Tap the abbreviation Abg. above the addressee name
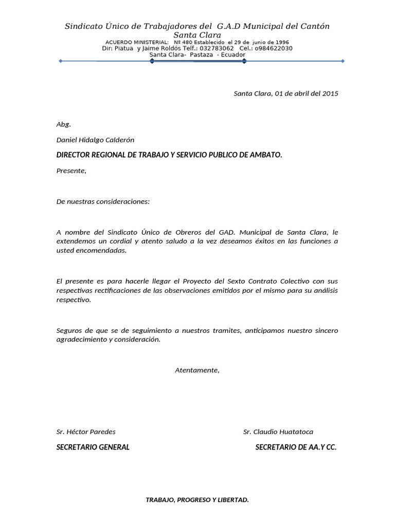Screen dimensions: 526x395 point(63,124)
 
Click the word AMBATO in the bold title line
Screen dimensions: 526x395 point(265,155)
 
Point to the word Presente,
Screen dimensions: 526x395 point(71,171)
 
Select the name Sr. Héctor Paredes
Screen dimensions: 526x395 point(86,431)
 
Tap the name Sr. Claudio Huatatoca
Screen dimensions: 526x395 point(278,431)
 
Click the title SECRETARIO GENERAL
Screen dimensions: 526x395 point(93,447)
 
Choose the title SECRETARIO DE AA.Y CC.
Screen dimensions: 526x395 point(296,447)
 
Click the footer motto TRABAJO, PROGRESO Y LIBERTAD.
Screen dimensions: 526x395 point(197,499)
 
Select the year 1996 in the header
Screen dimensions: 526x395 point(282,42)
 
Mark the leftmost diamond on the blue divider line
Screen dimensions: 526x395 point(61,61)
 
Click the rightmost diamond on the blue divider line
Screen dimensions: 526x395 point(343,61)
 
